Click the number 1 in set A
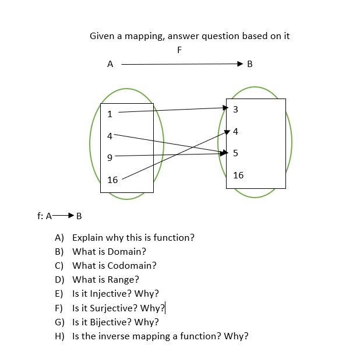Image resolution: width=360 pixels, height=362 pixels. (110, 114)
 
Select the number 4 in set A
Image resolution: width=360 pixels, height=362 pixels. (110, 136)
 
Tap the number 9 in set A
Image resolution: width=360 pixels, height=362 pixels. (110, 157)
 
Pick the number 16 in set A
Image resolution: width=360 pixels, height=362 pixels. (112, 180)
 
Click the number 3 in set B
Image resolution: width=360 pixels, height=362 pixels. (235, 110)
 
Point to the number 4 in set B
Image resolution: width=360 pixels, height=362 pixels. (235, 132)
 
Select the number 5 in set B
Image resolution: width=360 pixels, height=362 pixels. (235, 153)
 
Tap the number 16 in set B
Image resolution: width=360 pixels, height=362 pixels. (238, 175)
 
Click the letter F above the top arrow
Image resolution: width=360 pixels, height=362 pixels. (179, 50)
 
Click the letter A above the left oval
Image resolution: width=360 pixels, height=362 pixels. (110, 64)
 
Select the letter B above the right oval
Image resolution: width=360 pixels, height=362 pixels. (250, 64)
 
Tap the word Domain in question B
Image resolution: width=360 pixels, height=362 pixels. (126, 252)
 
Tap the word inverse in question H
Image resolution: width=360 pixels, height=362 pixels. (119, 336)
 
